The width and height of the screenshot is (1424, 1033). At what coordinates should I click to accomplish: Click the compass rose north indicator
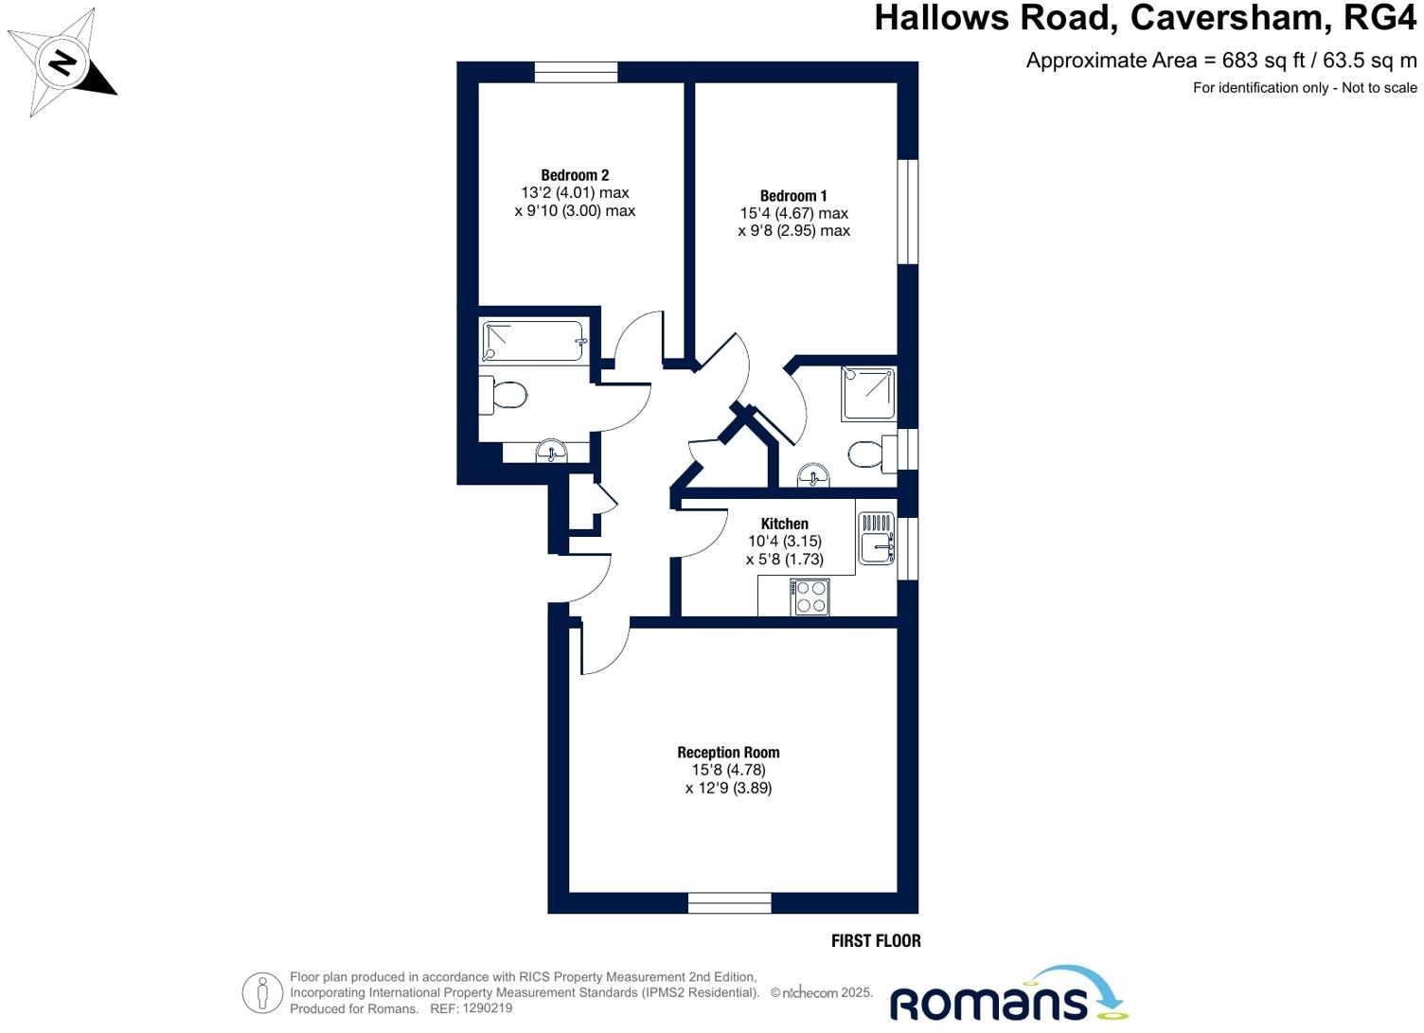[x=63, y=63]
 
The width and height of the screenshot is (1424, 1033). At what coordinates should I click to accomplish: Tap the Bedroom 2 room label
[x=575, y=175]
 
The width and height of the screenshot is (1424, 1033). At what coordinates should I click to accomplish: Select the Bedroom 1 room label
[x=793, y=196]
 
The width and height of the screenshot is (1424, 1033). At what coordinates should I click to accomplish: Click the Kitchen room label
[x=784, y=524]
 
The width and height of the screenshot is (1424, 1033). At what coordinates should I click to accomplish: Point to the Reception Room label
[x=728, y=753]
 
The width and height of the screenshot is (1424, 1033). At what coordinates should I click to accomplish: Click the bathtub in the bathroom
[x=534, y=341]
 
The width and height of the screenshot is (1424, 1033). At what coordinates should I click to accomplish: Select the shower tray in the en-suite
[x=868, y=394]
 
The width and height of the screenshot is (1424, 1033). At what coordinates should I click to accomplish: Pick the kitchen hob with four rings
[x=811, y=597]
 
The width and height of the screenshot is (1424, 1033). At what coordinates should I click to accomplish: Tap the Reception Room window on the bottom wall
[x=729, y=902]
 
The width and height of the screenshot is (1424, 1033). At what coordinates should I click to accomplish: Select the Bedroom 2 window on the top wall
[x=576, y=72]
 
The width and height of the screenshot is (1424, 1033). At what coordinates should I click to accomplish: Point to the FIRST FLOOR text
[x=876, y=940]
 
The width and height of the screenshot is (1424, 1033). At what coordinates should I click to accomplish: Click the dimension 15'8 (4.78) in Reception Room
[x=728, y=770]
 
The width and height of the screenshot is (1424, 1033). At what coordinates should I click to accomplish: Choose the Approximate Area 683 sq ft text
[x=1221, y=61]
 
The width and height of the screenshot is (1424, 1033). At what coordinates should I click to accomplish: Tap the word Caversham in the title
[x=1232, y=18]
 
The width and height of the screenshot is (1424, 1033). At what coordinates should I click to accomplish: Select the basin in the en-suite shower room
[x=813, y=474]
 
